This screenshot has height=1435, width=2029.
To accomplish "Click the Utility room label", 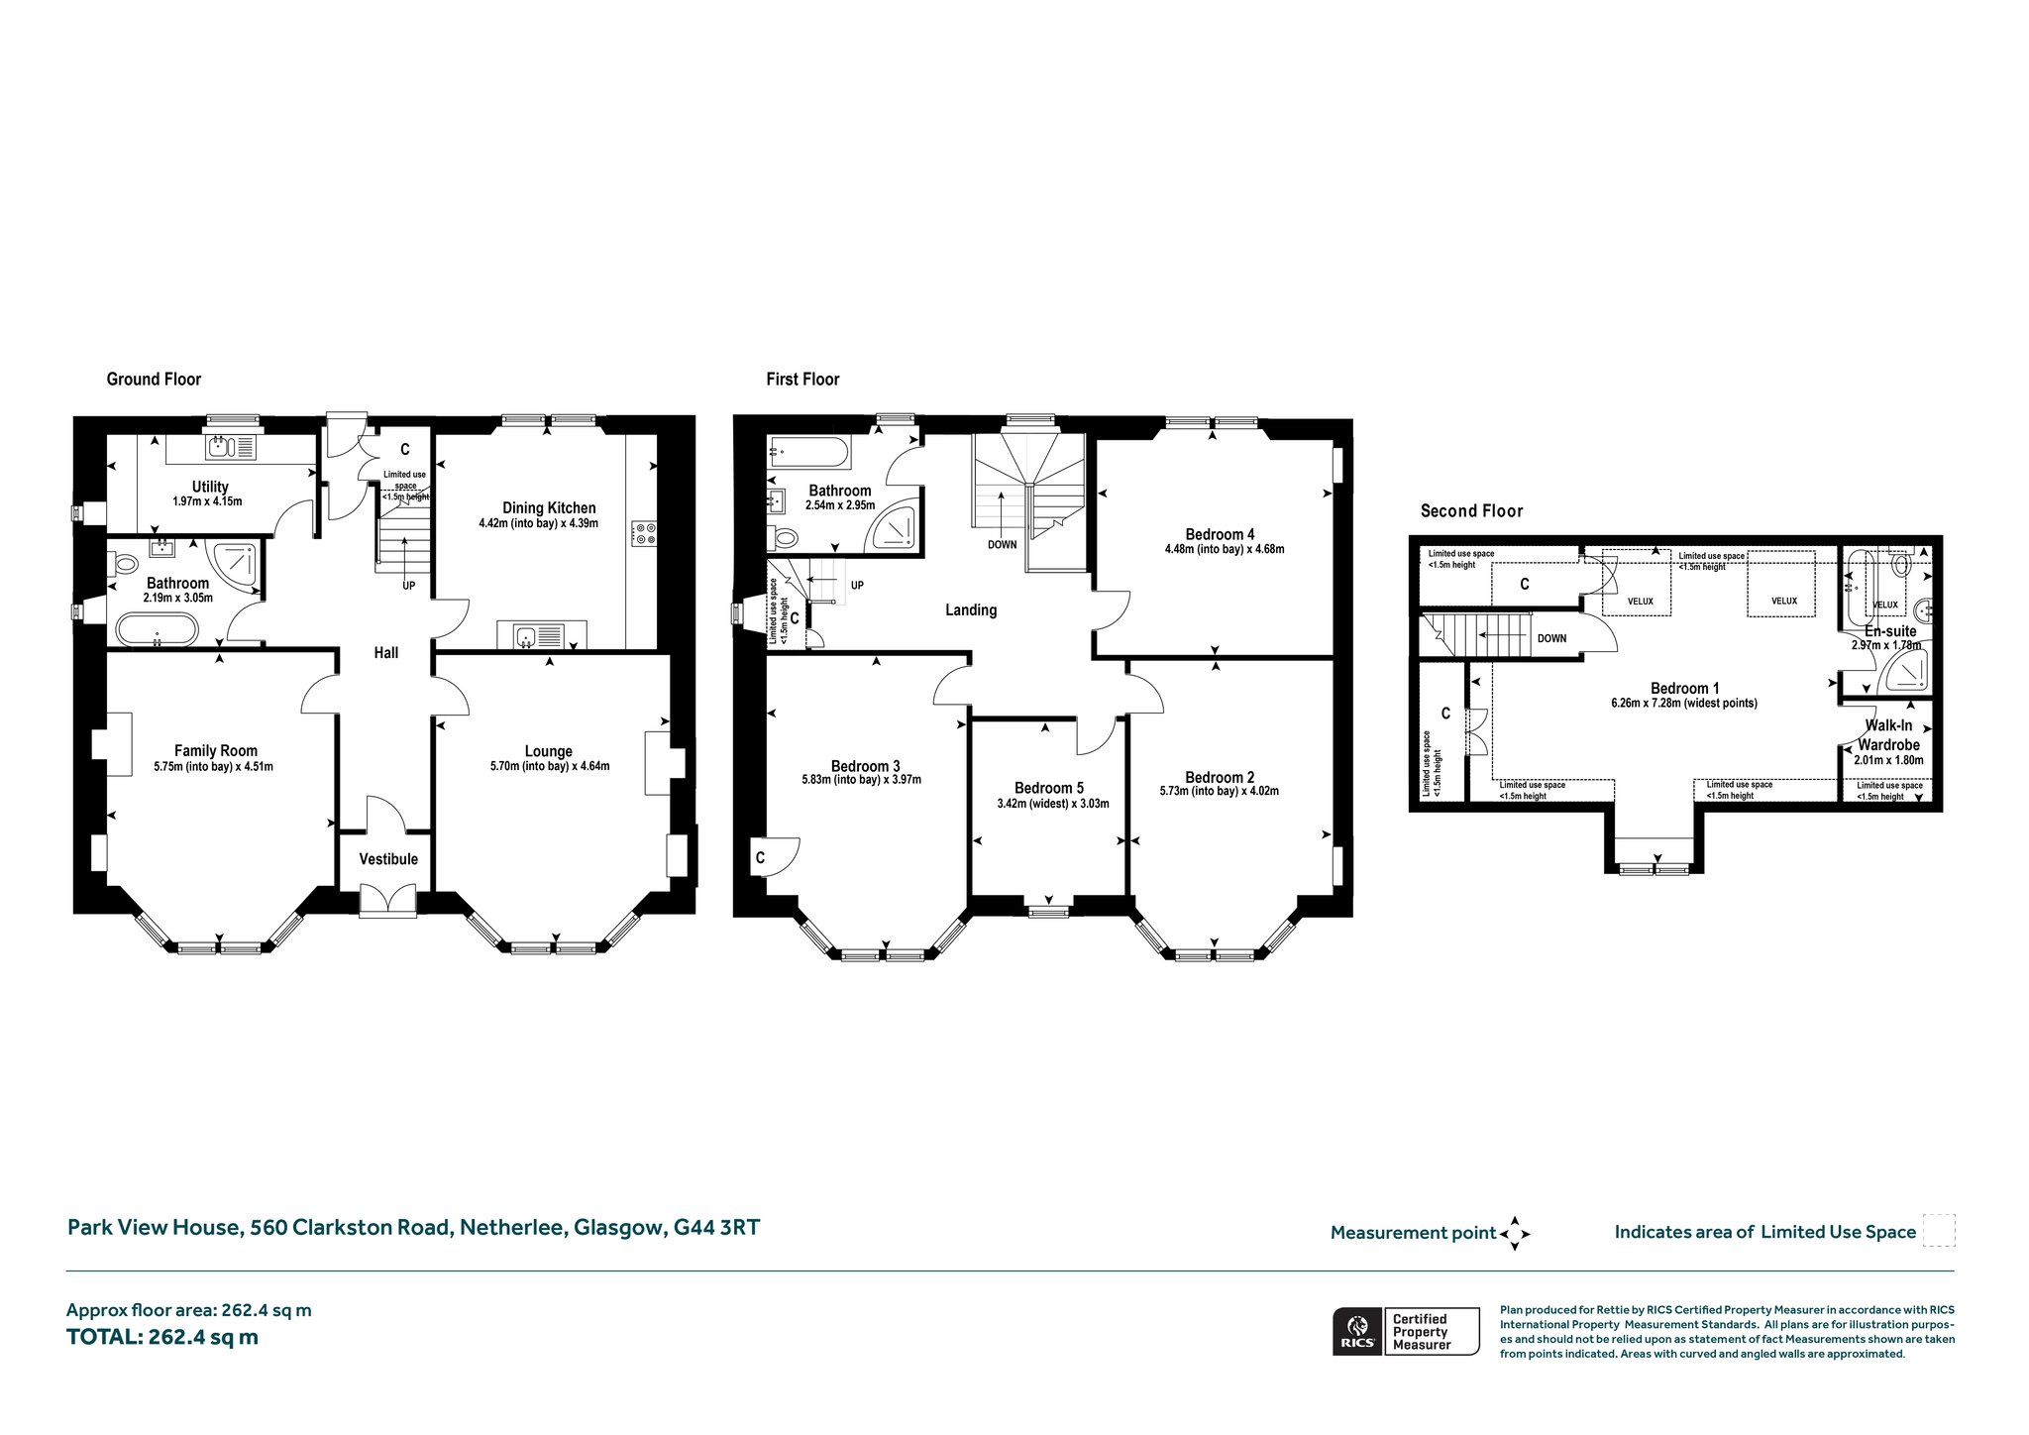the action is click(x=210, y=487).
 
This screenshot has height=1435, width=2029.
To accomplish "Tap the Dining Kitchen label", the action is click(x=549, y=508).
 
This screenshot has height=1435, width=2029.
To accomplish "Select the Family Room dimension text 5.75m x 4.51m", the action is click(x=214, y=766).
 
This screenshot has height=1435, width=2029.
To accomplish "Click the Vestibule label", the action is click(x=388, y=859).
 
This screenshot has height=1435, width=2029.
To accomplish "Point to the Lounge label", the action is click(x=549, y=751).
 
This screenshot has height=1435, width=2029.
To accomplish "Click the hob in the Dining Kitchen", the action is click(x=643, y=534).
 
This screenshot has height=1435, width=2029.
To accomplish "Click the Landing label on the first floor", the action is click(x=971, y=610).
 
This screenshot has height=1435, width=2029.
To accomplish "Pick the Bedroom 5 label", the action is click(x=1049, y=789).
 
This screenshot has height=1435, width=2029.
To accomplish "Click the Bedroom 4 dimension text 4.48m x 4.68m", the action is click(x=1225, y=549).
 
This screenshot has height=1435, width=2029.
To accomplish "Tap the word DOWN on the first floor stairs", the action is click(x=1002, y=545).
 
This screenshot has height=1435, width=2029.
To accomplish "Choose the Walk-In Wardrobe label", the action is click(x=1888, y=735).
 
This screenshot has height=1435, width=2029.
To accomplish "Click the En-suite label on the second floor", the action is click(x=1890, y=631).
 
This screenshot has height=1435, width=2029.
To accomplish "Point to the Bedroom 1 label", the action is click(x=1684, y=689).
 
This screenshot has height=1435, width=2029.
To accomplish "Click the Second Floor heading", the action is click(x=1471, y=511).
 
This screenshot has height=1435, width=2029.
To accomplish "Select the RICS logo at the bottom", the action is click(x=1357, y=1331).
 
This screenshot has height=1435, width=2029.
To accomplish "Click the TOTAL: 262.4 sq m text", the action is click(x=162, y=1337).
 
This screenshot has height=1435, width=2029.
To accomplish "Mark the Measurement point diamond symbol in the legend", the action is click(x=1515, y=1234).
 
